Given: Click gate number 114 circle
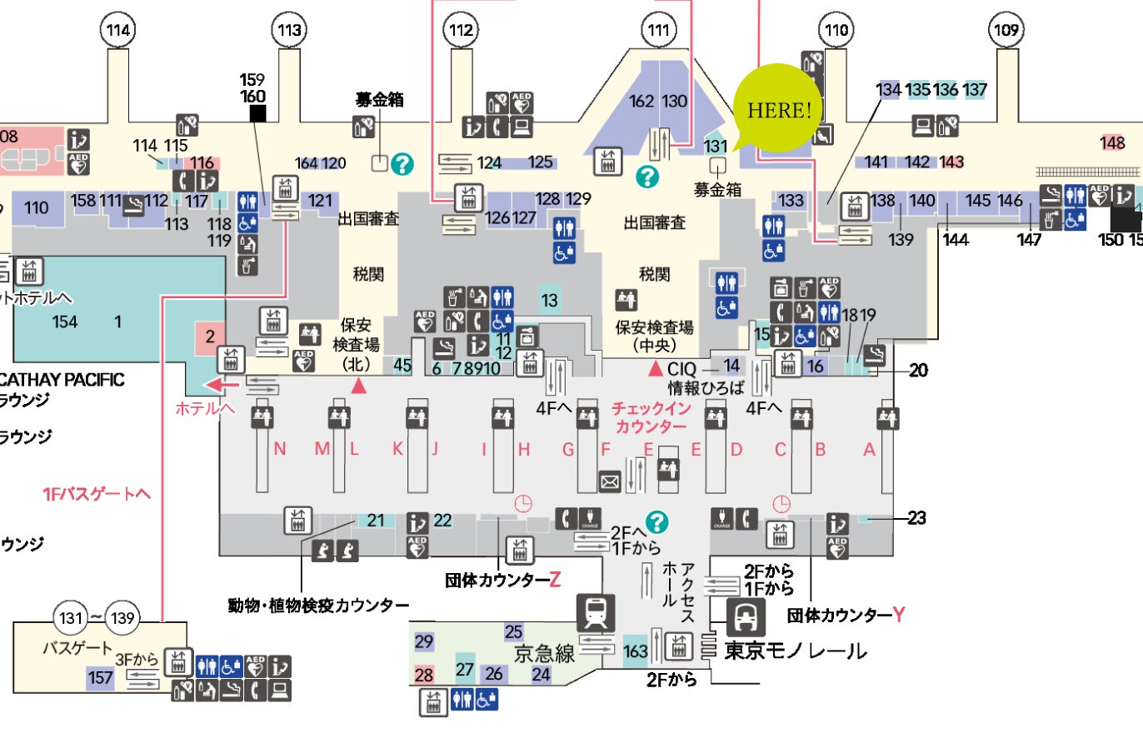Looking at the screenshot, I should (119, 32).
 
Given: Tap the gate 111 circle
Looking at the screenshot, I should (658, 32).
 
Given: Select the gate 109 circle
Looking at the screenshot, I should (1005, 32).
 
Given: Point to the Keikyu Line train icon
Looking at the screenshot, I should (600, 614).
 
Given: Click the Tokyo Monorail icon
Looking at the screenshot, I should (744, 618).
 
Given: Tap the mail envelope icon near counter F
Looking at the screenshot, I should (610, 481).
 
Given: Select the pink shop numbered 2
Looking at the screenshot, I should (210, 337).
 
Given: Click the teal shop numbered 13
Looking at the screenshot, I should (548, 301).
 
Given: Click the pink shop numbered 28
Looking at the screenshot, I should (424, 674).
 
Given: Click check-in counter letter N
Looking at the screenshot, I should (280, 450).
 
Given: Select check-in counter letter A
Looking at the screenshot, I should (869, 450).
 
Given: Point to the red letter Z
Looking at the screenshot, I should (557, 580).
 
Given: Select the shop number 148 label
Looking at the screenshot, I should (1112, 142).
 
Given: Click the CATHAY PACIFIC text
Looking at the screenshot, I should (62, 380).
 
